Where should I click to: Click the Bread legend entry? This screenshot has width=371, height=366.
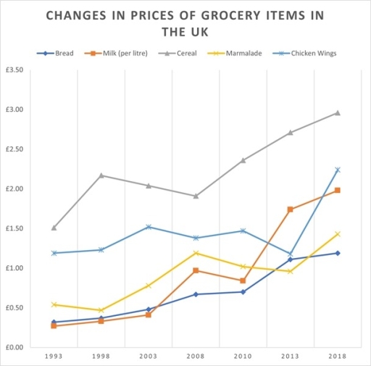[x=54, y=53]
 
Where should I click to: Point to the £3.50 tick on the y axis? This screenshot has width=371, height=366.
[x=14, y=70]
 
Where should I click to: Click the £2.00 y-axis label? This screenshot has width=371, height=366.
[x=14, y=189]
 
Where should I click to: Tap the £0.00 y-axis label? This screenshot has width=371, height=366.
[x=14, y=348]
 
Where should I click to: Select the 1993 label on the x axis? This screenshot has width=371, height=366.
[x=54, y=357]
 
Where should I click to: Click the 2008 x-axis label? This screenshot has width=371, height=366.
[x=196, y=357]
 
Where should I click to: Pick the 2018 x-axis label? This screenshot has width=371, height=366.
[x=338, y=357]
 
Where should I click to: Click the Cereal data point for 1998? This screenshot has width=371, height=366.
[x=101, y=175]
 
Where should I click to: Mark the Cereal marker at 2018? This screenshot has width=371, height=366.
[x=338, y=113]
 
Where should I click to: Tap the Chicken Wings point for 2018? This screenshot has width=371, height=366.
[x=338, y=170]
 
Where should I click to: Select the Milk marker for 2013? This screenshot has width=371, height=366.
[x=291, y=209]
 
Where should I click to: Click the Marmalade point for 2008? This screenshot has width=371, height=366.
[x=196, y=253]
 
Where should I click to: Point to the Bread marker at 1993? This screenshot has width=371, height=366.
[x=54, y=322]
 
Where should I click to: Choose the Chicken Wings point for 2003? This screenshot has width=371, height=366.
[x=149, y=227]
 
